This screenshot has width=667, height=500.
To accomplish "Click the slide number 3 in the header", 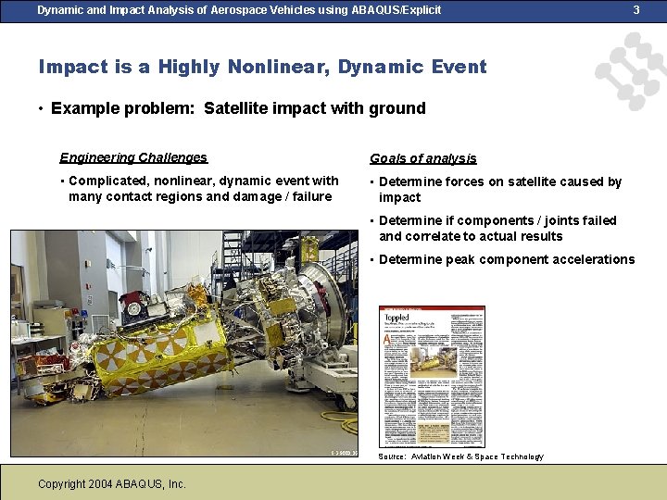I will (x=636, y=10).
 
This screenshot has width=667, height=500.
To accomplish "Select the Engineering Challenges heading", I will (x=133, y=157).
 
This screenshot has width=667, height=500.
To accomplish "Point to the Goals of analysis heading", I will (x=422, y=158).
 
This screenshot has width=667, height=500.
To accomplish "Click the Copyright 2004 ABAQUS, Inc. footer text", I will (x=112, y=483).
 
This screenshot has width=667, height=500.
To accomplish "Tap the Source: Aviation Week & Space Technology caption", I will (x=460, y=456).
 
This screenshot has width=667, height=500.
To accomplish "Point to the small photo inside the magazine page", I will (x=434, y=359).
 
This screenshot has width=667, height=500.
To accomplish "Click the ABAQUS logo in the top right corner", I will (x=630, y=69).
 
